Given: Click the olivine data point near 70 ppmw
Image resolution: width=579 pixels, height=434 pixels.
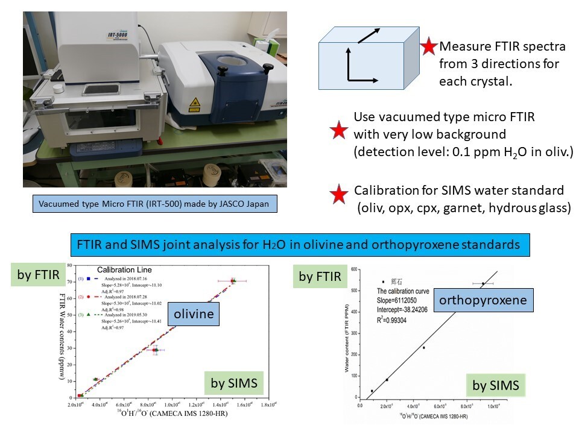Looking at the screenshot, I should tap(233, 281).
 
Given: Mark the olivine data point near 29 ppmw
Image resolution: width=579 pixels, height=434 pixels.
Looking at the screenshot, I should tap(155, 350).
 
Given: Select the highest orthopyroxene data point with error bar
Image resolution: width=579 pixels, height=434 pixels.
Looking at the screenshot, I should tap(483, 283).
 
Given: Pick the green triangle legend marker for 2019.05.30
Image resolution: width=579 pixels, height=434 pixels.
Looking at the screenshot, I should tap(88, 314).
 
